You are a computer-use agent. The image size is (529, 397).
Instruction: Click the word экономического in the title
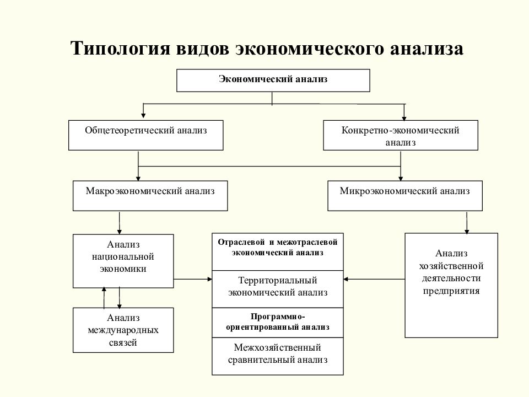coord(309,49)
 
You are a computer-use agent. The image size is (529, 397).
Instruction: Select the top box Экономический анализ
coord(273,81)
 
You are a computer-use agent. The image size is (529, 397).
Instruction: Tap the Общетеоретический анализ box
coord(146,136)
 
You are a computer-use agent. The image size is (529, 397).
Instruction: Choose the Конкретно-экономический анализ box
coord(401,136)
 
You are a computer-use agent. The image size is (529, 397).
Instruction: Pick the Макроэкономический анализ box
coord(150,195)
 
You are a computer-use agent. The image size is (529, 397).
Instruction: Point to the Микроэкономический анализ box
coord(405,195)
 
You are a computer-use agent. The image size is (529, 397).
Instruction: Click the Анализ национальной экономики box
coord(123,261)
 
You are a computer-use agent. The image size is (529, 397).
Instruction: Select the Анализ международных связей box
coord(123,330)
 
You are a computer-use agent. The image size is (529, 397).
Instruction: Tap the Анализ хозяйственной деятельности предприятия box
coord(451,285)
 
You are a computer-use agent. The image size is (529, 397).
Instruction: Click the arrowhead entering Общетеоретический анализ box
coord(143,116)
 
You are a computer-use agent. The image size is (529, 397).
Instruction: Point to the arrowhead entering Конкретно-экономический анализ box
coord(404,116)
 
